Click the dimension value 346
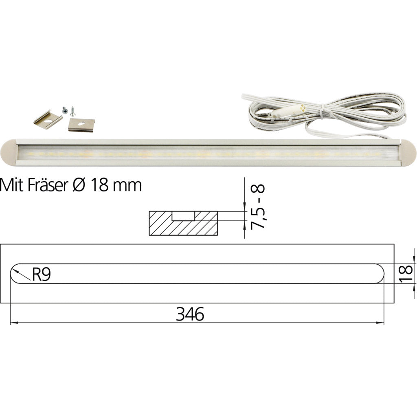pos(190,314)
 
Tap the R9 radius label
pos(41,274)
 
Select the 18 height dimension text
pos(406,273)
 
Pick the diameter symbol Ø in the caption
pos(79,185)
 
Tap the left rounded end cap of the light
pos(9,152)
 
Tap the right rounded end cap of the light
pos(408,153)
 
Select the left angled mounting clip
pos(48,119)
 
